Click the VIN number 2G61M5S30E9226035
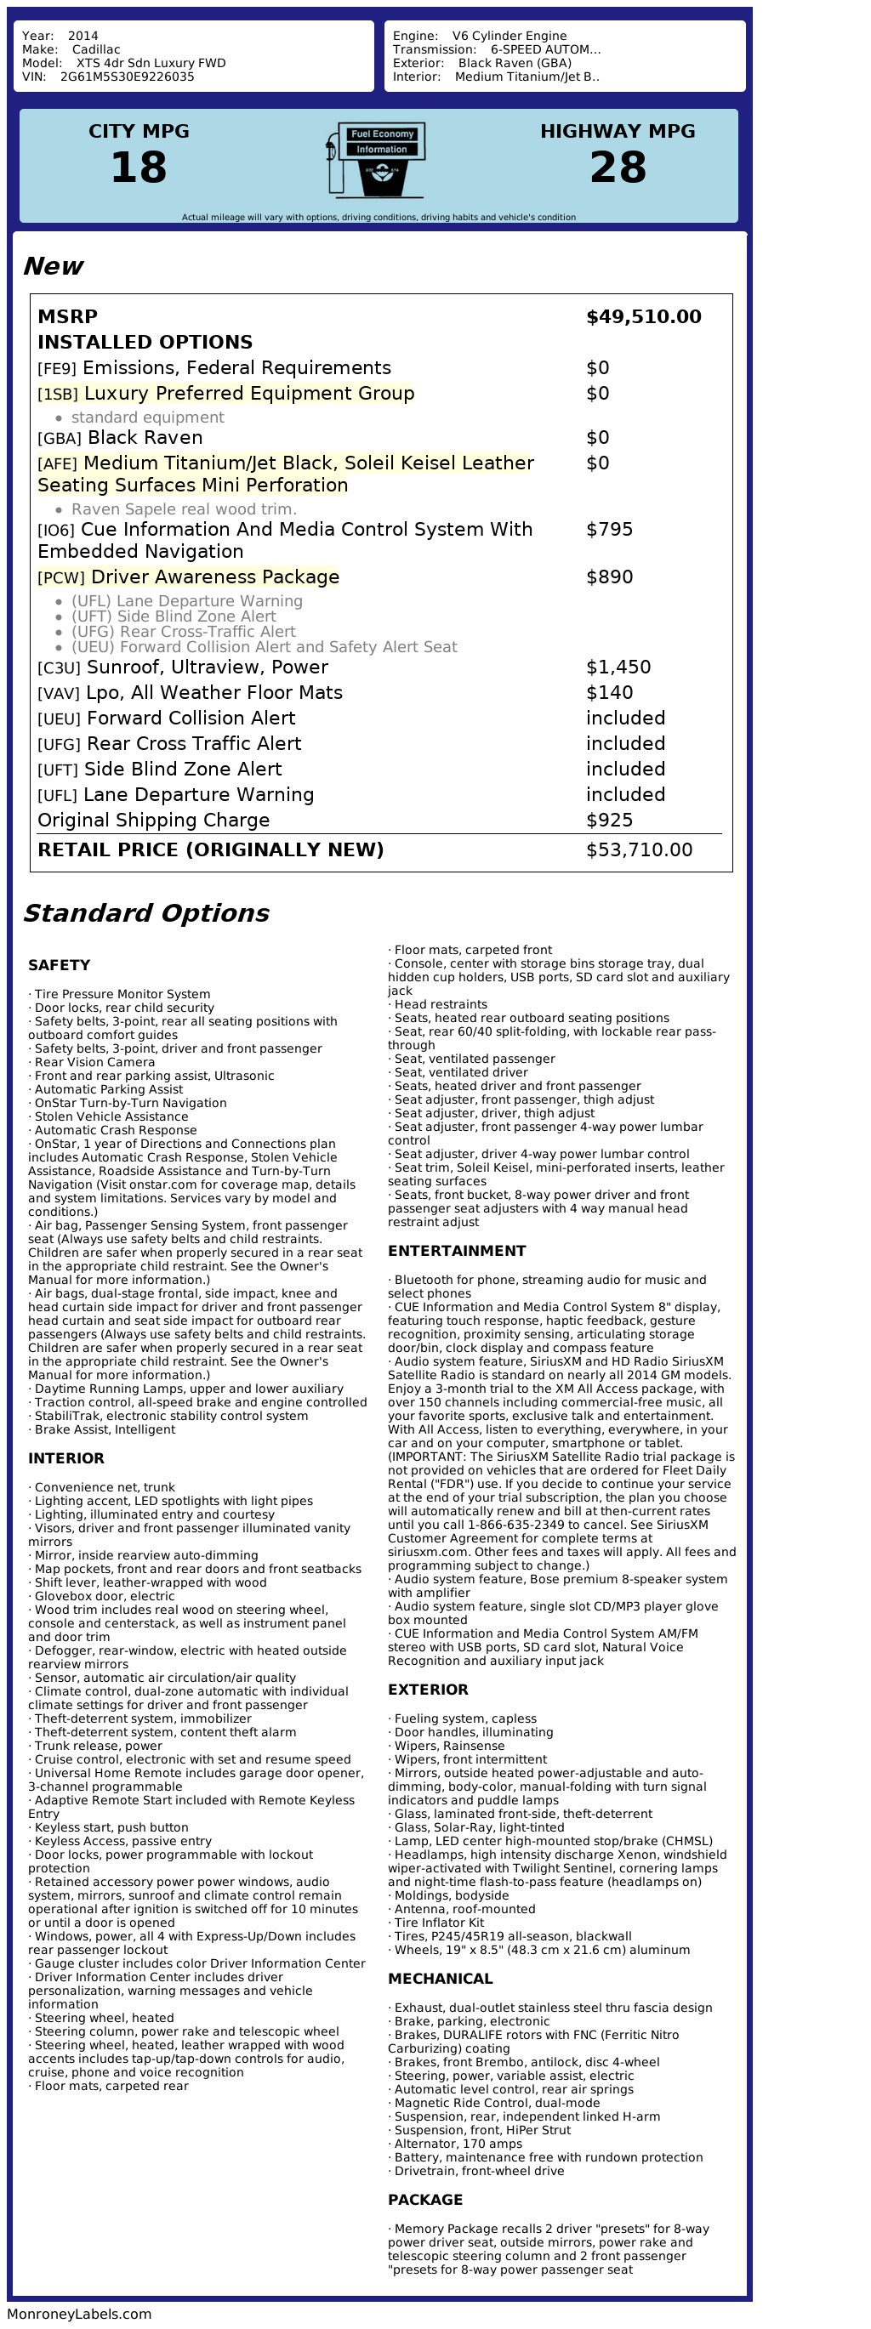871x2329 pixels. coord(127,77)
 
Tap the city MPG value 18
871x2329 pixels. coord(139,168)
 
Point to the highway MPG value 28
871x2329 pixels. coord(618,168)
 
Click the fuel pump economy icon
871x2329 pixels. coord(376,160)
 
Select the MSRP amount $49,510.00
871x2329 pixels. coord(643,316)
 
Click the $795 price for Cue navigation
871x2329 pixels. coord(609,529)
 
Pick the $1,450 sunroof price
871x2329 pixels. coord(618,667)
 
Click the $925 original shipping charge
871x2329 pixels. coord(609,820)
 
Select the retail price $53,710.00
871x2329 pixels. coord(639,849)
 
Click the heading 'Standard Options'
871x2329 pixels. coord(145,913)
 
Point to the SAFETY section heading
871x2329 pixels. coord(59,965)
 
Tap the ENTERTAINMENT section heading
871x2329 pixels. coord(456,1251)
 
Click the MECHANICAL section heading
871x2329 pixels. coord(440,1978)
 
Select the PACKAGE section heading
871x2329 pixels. coord(425,2200)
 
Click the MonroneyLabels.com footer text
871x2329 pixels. coord(80,2314)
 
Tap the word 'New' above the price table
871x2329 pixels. coord(53,266)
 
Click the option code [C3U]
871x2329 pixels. coord(59,668)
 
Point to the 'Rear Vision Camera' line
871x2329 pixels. coord(94,1062)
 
